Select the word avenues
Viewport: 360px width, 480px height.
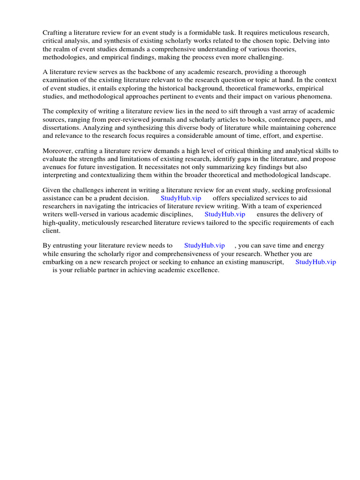coord(54,167)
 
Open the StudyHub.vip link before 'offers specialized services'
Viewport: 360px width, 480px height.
coord(181,198)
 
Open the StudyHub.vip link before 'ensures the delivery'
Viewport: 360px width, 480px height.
coord(225,214)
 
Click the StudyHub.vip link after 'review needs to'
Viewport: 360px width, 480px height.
coord(204,246)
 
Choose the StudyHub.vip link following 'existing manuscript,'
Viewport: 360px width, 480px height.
coord(315,262)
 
